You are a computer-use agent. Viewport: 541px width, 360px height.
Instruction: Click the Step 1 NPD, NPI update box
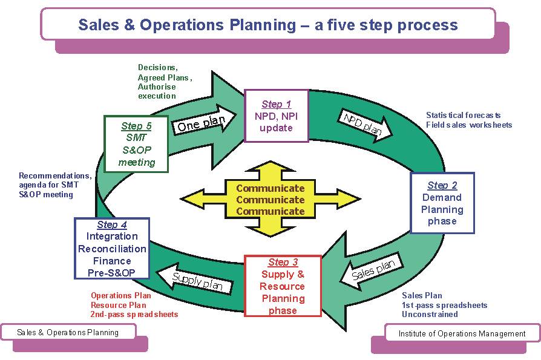[x=277, y=116]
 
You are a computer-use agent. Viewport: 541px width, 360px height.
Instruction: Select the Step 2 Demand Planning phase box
[x=442, y=203]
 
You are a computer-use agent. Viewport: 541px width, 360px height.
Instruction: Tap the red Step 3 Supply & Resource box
[x=283, y=286]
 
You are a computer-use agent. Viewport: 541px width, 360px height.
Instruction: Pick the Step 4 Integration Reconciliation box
[x=112, y=248]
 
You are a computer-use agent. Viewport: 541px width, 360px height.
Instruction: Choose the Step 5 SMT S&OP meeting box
[x=136, y=144]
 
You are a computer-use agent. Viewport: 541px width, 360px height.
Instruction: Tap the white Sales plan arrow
[x=372, y=271]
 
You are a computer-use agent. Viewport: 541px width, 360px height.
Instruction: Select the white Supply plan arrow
[x=195, y=280]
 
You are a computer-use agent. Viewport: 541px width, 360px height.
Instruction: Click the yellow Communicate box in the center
[x=270, y=199]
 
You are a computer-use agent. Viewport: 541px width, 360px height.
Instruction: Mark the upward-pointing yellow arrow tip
[x=270, y=162]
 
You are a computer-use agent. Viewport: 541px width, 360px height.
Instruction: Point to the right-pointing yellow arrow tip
[x=360, y=199]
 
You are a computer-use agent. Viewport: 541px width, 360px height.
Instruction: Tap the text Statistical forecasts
[x=463, y=115]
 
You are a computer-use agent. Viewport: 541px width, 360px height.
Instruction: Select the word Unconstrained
[x=430, y=314]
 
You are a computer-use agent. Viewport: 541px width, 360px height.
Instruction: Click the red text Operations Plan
[x=121, y=295]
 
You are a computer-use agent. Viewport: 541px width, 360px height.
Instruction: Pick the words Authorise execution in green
[x=157, y=91]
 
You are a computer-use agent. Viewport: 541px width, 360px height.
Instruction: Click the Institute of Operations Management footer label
[x=462, y=333]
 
